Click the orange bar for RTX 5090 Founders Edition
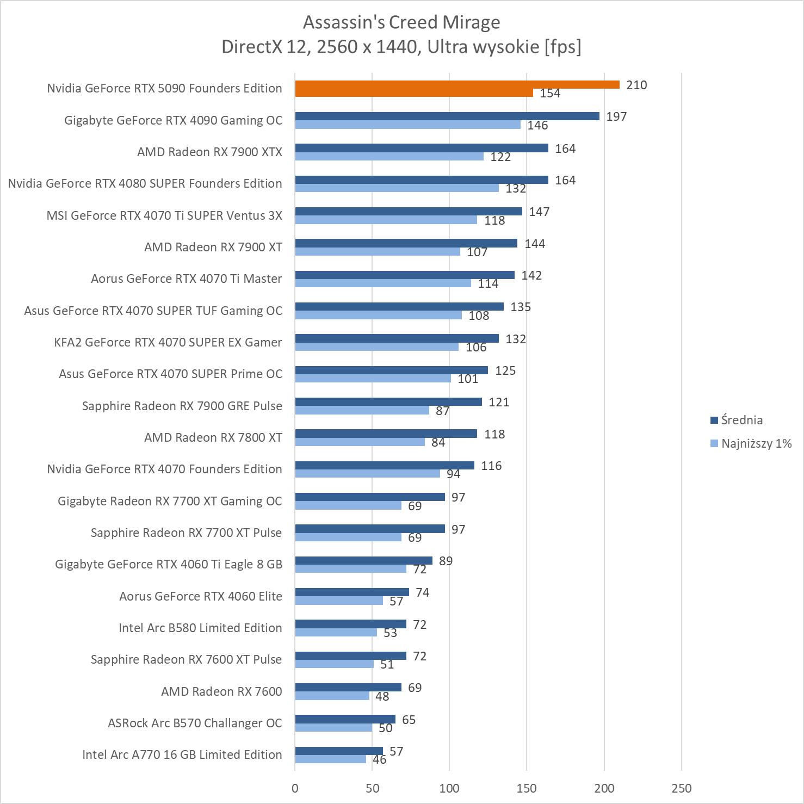[x=457, y=84]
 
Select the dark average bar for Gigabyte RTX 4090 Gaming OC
[x=447, y=116]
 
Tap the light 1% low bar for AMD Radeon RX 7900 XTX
[x=389, y=157]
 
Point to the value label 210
[x=636, y=85]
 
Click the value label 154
[x=550, y=94]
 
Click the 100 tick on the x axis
[x=449, y=788]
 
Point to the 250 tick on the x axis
[x=682, y=788]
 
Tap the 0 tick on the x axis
[x=295, y=788]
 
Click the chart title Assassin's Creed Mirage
[x=401, y=22]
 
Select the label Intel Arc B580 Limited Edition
[x=200, y=628]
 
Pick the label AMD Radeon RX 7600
[x=221, y=691]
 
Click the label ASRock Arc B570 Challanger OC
[x=195, y=723]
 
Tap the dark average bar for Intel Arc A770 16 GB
[x=339, y=751]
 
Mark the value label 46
[x=379, y=759]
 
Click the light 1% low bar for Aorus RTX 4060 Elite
[x=339, y=601]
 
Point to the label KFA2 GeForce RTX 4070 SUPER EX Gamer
[x=168, y=342]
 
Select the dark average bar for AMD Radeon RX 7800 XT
[x=386, y=434]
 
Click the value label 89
[x=446, y=561]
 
